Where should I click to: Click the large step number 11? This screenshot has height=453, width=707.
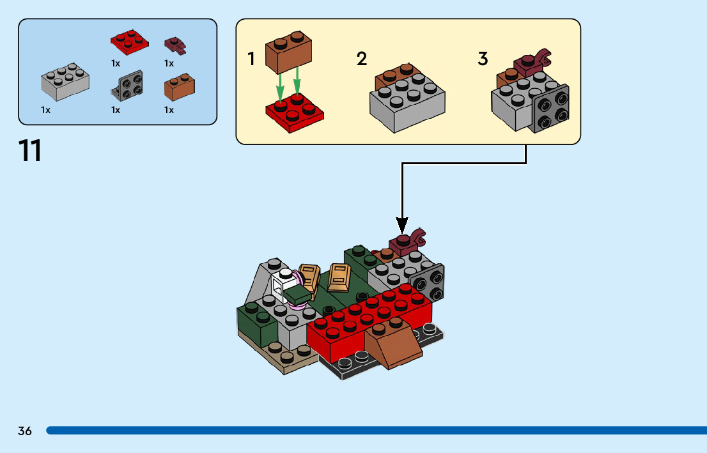(30, 151)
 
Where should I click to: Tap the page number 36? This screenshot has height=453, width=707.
(25, 431)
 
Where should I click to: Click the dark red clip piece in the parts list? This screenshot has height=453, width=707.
(175, 45)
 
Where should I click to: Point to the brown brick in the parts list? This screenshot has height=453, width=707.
(179, 87)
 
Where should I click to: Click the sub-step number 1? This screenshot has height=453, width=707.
(252, 59)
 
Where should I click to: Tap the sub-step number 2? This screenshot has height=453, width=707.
(362, 59)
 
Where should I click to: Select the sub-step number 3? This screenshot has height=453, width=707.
(483, 59)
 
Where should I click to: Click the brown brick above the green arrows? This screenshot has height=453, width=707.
(288, 52)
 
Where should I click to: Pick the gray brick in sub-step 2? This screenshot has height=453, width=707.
(407, 102)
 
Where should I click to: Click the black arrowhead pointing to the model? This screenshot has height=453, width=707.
(402, 225)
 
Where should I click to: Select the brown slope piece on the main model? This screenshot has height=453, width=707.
(394, 346)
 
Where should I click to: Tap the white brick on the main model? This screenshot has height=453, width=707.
(281, 287)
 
